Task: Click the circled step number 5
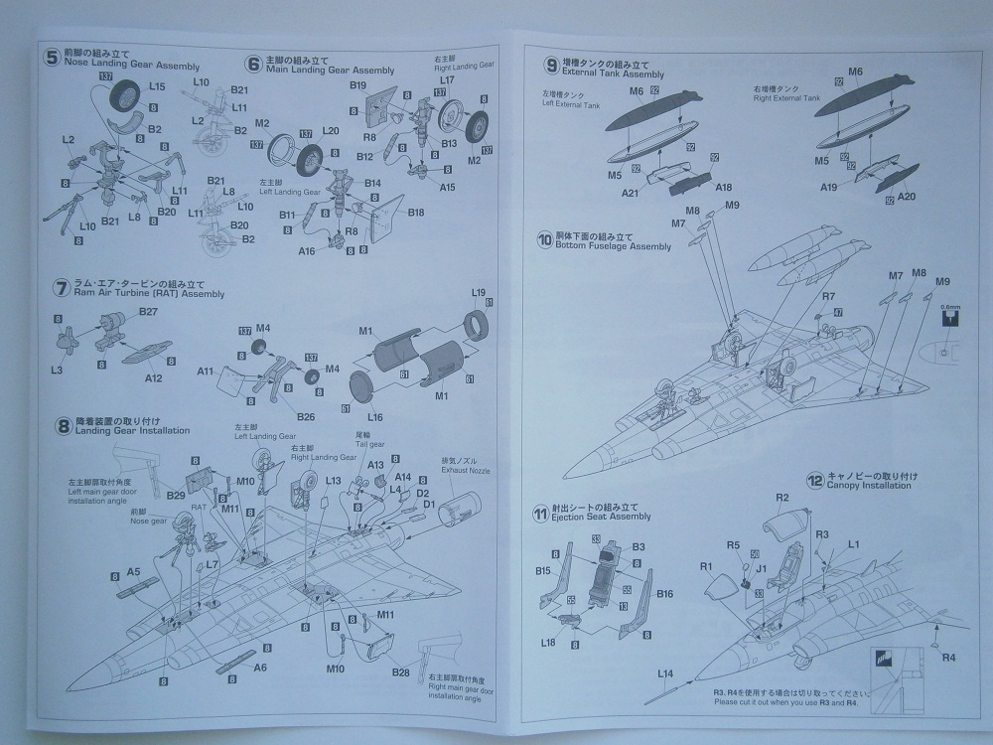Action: click(53, 58)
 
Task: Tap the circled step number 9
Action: click(550, 66)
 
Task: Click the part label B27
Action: click(149, 312)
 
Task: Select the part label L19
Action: click(478, 292)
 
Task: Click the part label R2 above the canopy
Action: click(781, 497)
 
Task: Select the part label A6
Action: click(261, 667)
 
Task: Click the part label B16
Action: click(664, 594)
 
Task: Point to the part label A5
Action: click(133, 572)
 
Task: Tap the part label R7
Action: click(800, 296)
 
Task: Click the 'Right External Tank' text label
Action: click(783, 99)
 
